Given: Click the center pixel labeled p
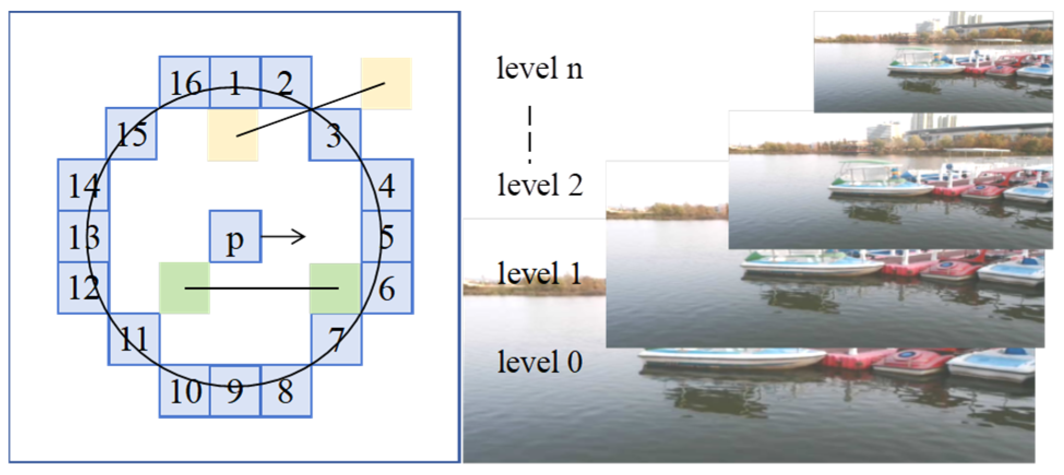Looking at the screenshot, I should coord(235,237).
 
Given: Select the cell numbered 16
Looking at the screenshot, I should coord(184,82).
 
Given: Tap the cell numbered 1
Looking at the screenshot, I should coord(235,82).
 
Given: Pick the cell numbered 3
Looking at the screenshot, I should coord(334,134).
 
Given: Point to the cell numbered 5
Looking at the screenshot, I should coord(387,237).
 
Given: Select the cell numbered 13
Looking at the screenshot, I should coord(83,237).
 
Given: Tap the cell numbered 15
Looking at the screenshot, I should coord(132,134).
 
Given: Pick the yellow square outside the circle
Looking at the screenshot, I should coord(386,84).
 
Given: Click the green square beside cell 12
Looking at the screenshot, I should coord(184,288).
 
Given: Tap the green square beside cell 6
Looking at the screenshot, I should coord(335,288).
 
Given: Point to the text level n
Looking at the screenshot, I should coord(539,69).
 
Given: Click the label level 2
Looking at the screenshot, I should coord(540,185).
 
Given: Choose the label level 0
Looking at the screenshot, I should coord(540,362).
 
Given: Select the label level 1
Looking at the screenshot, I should coord(539,273).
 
